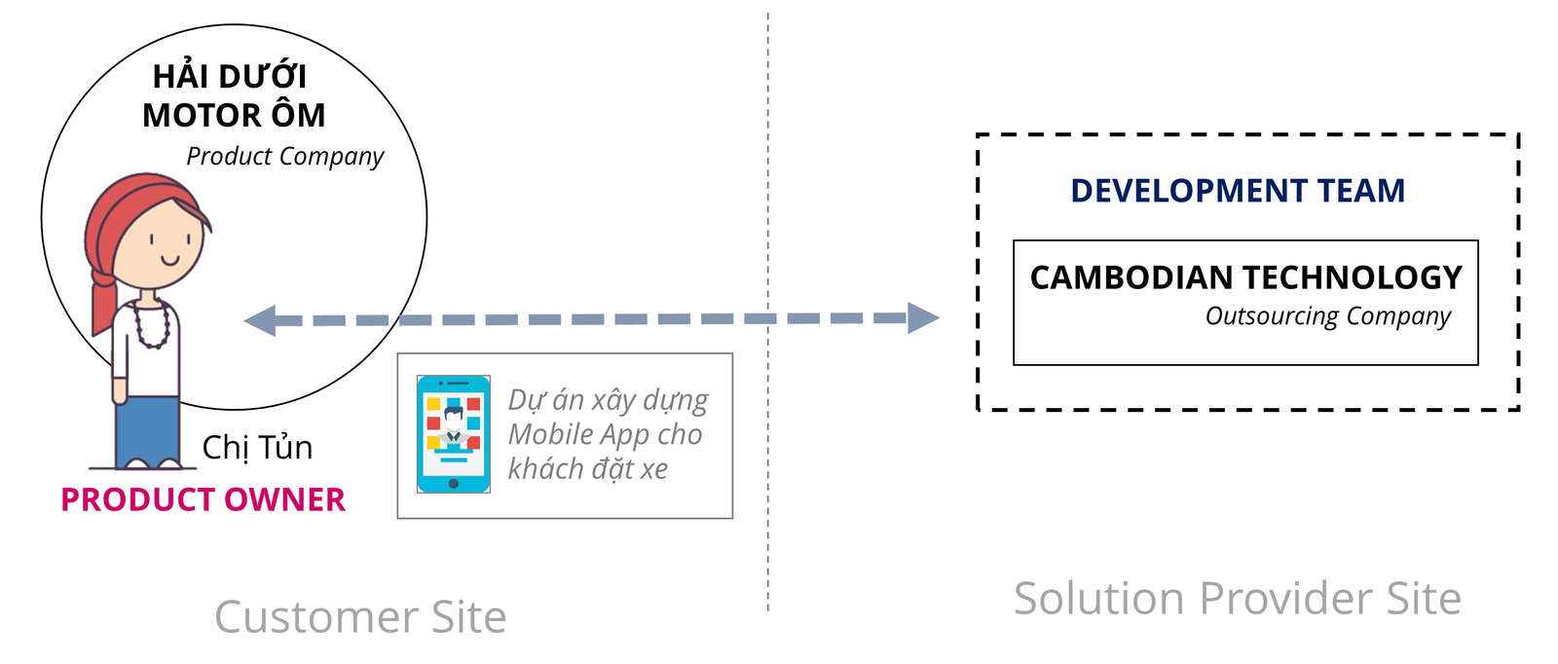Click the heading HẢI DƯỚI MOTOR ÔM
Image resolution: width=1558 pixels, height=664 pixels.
tap(233, 95)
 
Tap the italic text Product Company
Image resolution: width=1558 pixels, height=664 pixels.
tap(285, 157)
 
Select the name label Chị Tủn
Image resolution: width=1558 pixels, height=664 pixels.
tap(257, 447)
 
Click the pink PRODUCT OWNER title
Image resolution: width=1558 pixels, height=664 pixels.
tap(204, 499)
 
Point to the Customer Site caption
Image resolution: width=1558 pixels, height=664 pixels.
tap(360, 616)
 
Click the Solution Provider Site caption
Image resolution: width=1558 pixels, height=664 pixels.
tap(1238, 598)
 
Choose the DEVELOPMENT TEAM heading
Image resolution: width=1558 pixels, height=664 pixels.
tap(1238, 191)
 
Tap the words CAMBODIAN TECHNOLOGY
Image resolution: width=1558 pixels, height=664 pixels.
tap(1245, 277)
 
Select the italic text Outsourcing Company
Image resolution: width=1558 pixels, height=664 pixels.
tap(1328, 316)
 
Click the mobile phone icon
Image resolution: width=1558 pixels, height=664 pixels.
tap(454, 434)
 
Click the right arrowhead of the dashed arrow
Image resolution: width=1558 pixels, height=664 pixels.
tap(924, 317)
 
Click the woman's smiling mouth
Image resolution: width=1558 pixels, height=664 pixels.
tap(170, 261)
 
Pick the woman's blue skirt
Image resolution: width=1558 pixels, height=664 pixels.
tap(148, 431)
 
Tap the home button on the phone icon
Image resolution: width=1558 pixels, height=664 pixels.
tap(454, 483)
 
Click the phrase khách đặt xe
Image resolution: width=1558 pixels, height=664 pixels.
tap(588, 469)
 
